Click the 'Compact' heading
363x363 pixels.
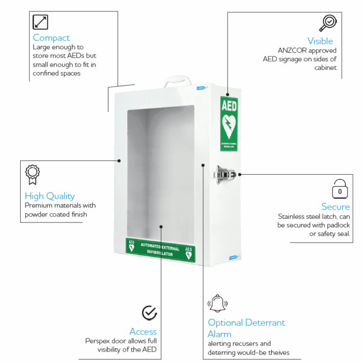click(51, 38)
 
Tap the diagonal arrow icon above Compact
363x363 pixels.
click(40, 22)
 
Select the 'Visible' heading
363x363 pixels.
click(320, 41)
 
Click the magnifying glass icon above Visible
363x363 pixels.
click(328, 23)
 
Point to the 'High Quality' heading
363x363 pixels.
click(50, 196)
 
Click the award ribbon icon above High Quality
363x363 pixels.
click(33, 175)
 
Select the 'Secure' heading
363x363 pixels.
click(336, 207)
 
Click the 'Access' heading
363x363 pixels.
click(143, 331)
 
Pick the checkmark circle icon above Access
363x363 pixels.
click(149, 313)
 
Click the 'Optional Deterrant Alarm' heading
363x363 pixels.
click(246, 328)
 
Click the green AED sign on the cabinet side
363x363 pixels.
click(229, 123)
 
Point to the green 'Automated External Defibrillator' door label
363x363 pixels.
click(160, 249)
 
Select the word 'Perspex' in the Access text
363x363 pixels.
click(99, 341)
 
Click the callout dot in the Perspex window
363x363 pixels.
click(161, 226)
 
